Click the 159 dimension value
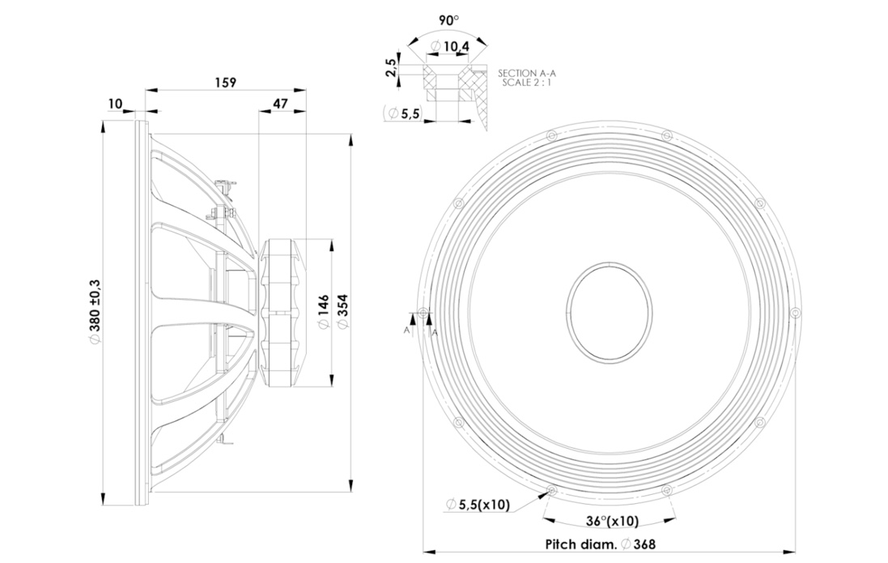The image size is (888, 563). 225,82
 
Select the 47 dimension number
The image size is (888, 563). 280,103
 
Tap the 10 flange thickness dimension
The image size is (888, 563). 115,103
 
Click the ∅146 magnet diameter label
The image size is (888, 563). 323,312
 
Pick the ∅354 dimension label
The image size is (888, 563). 342,312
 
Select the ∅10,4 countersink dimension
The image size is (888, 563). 449,46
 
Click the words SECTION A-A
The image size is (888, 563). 527,73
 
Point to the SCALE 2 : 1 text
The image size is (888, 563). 527,82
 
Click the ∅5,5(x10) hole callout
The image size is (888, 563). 478,504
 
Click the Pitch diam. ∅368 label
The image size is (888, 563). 601,544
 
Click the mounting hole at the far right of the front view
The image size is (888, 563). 795,313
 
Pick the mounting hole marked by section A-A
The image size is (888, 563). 423,313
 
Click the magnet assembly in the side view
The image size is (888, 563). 282,313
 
